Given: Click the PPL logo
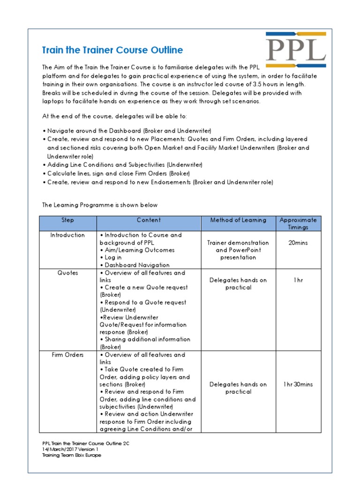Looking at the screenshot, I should coord(296,50).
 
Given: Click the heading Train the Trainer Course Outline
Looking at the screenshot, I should coord(112,50).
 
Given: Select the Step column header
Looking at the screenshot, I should coord(67,220).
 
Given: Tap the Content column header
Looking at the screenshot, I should coord(149,220).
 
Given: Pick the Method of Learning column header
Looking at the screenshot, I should coord(238,220).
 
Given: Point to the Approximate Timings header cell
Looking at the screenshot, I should coord(298,224).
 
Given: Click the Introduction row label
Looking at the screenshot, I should coord(67,235).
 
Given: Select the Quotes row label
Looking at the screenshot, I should coord(67,273).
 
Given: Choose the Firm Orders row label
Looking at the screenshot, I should coord(67,355).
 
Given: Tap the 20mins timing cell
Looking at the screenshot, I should coord(298,243).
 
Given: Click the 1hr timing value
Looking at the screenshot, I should coord(298,280).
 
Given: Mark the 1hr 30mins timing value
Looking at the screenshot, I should coord(298,384).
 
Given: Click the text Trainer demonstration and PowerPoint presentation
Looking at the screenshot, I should coord(238,250).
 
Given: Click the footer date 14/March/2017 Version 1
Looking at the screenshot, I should coord(70,449).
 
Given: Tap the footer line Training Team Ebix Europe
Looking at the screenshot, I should coord(71,455).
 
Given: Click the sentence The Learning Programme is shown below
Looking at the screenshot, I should coord(100,205).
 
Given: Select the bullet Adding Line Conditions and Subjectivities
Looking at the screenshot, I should coord(124,165).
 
